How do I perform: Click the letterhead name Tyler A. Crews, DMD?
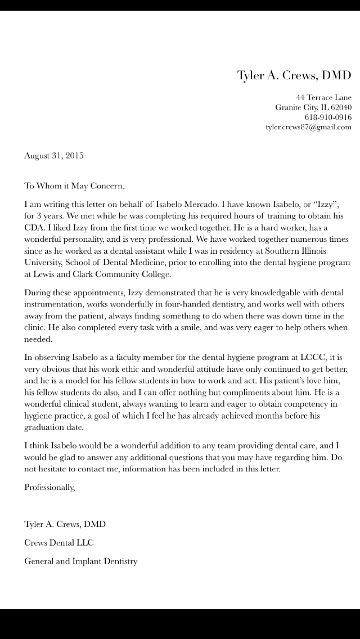tap(294, 75)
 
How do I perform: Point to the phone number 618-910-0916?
tap(328, 117)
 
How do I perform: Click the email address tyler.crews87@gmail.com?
tap(308, 127)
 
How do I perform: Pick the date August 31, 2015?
tap(53, 155)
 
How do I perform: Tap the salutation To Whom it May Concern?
tap(73, 185)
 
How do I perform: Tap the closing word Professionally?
tap(49, 488)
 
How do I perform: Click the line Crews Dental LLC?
tap(59, 543)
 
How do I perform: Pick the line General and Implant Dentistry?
tap(80, 561)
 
